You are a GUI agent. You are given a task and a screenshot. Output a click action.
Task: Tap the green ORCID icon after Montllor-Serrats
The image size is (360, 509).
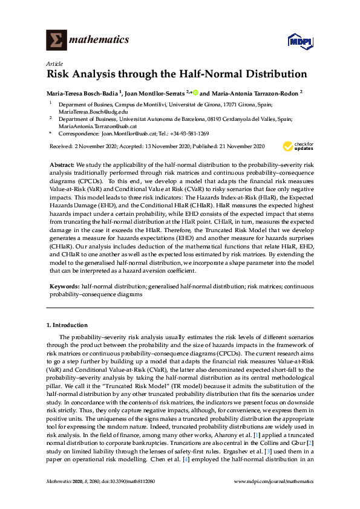point(195,93)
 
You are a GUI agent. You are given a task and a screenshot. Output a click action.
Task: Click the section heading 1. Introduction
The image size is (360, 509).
point(67,325)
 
